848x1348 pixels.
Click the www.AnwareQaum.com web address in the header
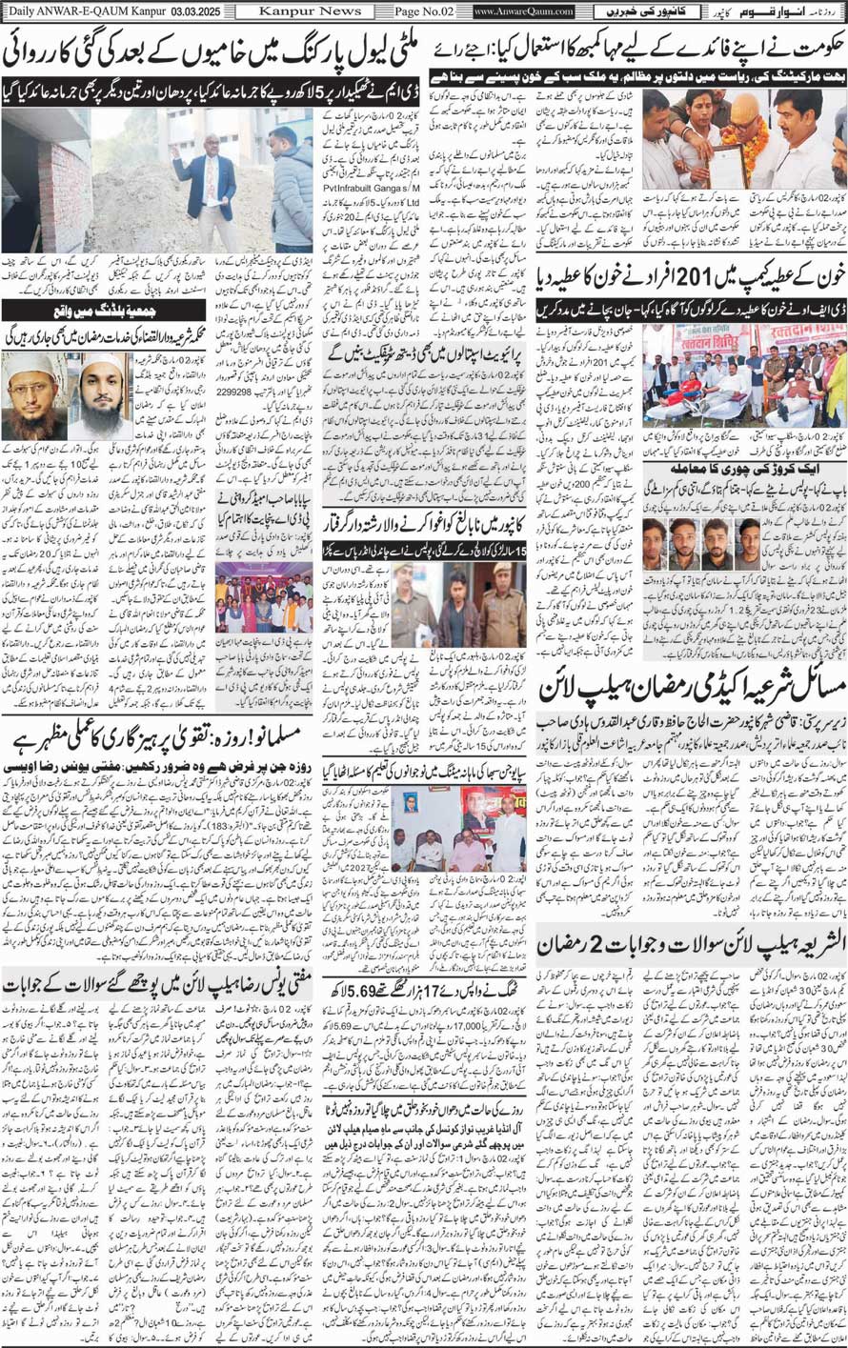point(524,11)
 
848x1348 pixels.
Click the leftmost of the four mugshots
point(656,543)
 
